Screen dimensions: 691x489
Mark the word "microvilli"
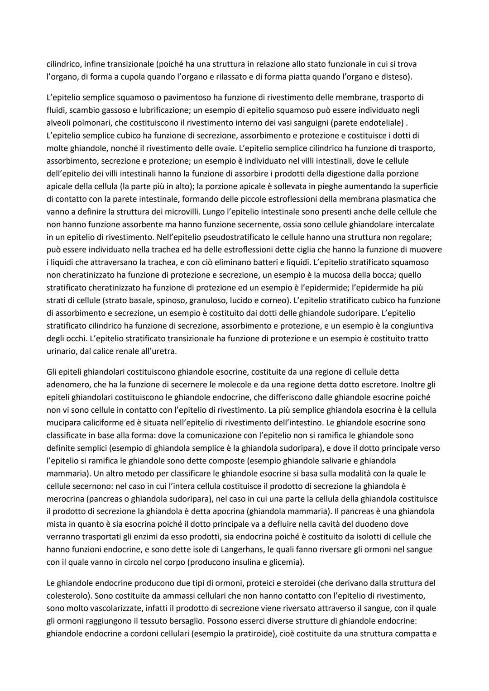pyautogui.click(x=179, y=211)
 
